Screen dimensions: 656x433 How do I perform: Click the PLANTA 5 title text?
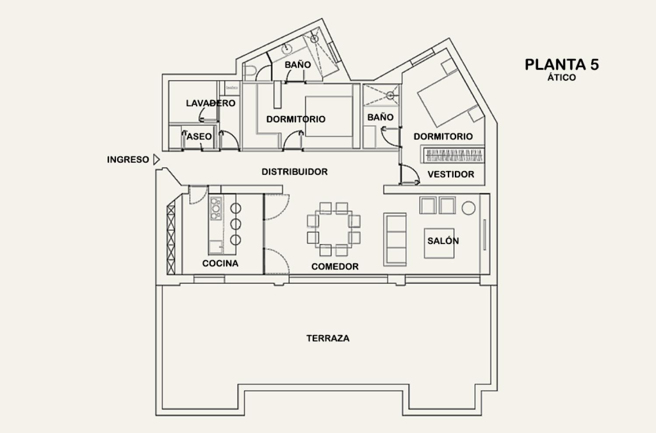coord(562,65)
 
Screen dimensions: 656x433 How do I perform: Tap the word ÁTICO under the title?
coord(562,78)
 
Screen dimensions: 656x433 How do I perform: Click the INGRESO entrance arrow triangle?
coord(157,160)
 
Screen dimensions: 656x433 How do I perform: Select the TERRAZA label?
coord(328,339)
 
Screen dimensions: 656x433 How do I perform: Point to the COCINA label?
coord(220,263)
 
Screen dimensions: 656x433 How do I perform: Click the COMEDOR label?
coord(335,267)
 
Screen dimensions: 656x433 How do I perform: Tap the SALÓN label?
coord(443,241)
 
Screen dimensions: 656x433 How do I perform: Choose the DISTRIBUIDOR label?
coord(295,172)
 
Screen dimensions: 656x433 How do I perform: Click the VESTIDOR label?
coord(451,175)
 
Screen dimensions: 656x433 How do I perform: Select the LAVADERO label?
coord(210,103)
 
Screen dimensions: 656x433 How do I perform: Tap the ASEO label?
coord(199,136)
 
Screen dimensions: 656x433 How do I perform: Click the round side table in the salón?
coord(468,208)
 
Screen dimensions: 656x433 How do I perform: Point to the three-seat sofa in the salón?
coord(395,240)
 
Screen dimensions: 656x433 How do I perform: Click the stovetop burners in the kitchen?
coord(216,209)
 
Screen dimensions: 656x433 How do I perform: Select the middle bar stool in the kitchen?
coord(235,224)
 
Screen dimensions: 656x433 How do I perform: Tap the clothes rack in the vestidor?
coord(453,155)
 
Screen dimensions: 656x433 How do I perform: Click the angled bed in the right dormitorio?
coord(450,98)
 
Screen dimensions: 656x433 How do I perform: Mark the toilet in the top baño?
coord(250,71)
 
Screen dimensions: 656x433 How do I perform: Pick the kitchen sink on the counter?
coord(216,247)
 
